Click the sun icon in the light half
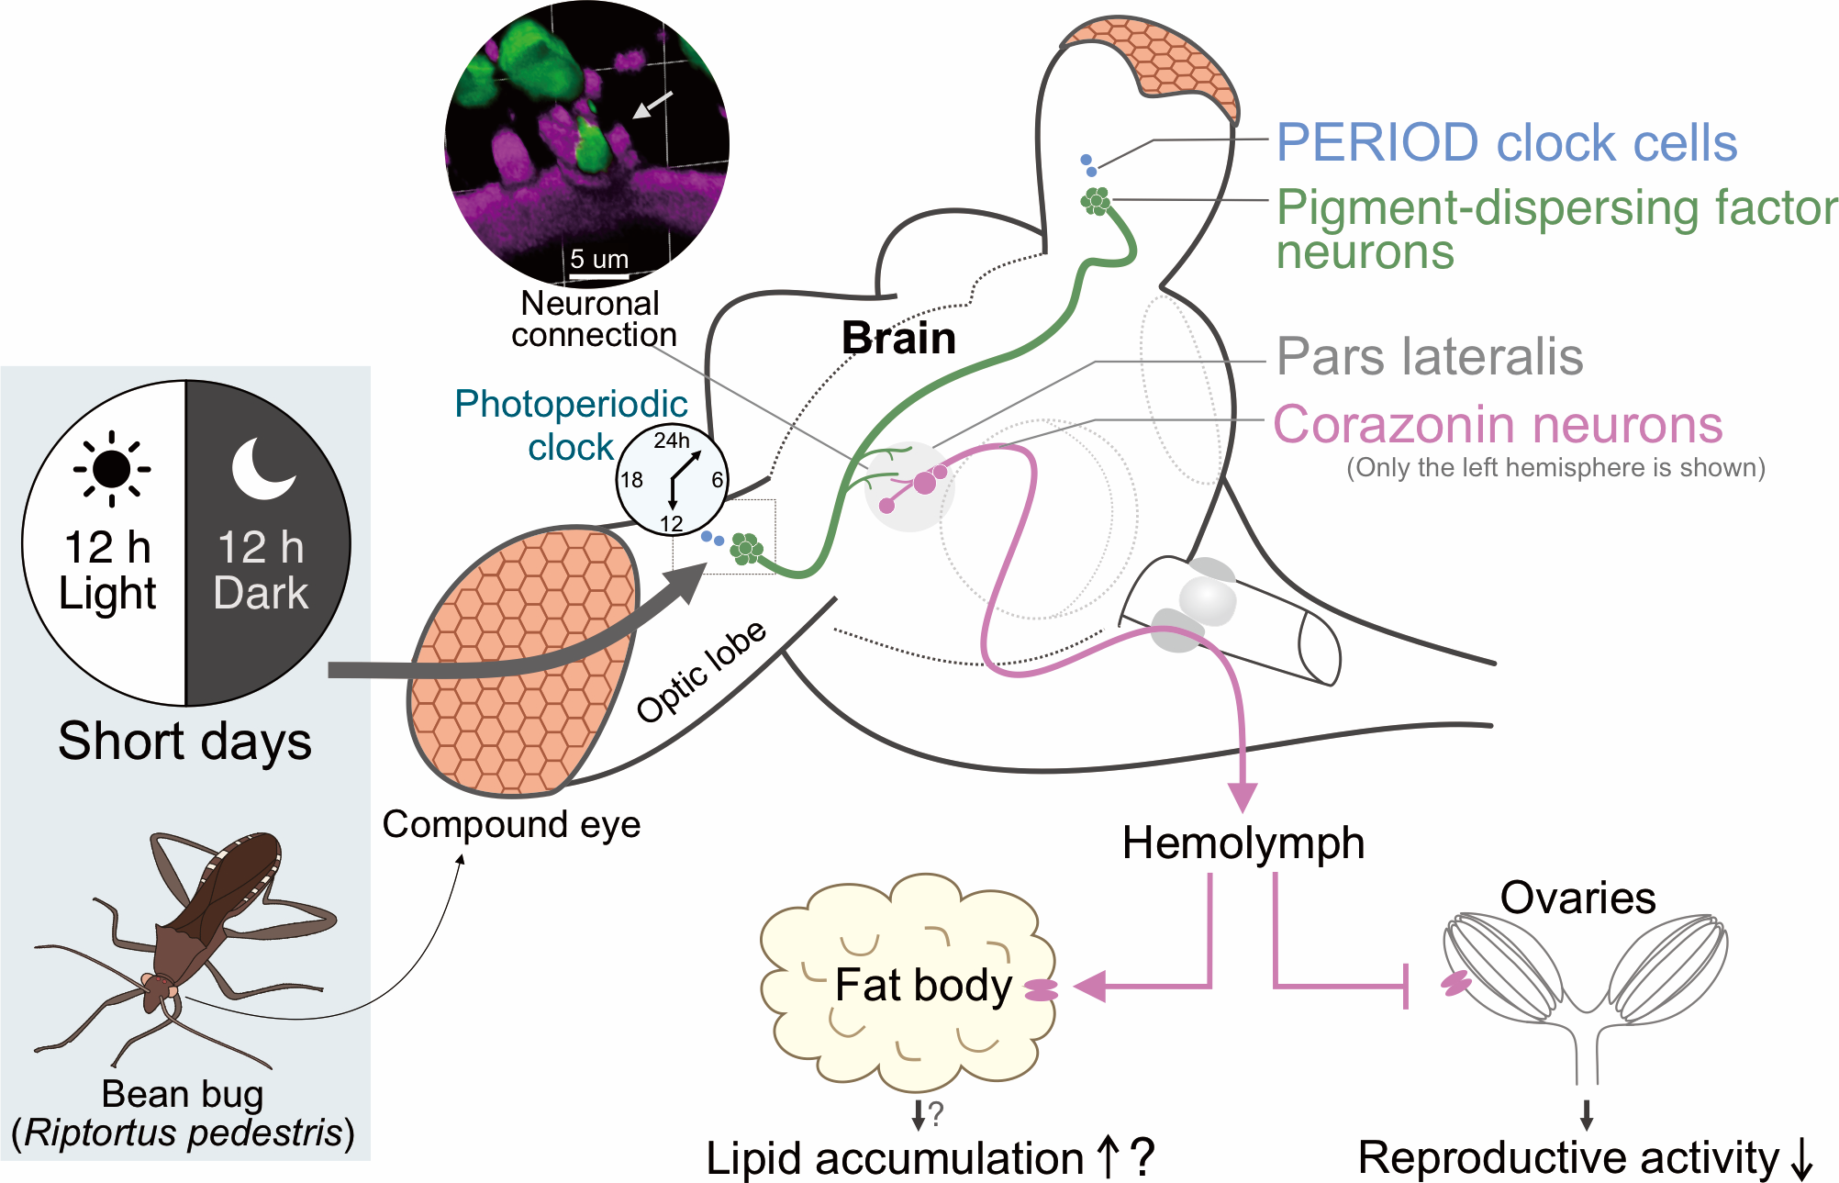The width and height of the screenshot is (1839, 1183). point(112,469)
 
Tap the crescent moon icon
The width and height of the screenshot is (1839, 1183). point(262,469)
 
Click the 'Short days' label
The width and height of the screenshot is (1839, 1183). point(184,741)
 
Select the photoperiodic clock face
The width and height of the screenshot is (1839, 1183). point(671,479)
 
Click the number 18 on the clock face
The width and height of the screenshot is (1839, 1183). point(631,480)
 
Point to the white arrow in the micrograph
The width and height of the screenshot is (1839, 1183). point(652,106)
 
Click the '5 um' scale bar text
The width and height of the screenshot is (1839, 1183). point(598,259)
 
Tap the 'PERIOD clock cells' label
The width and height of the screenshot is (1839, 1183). point(1506,143)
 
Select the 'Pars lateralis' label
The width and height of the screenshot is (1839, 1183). point(1429,356)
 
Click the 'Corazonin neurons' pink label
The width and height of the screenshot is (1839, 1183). point(1497,425)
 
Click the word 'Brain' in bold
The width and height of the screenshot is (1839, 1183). point(898,338)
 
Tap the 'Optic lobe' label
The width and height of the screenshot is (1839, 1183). point(701,671)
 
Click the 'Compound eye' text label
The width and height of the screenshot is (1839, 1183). point(511,824)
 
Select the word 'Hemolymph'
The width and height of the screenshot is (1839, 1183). point(1243,843)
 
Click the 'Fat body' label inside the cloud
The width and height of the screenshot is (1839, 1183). point(923,985)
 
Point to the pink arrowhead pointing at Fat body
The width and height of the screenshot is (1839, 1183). point(1090,987)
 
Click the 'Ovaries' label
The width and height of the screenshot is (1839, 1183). point(1577,898)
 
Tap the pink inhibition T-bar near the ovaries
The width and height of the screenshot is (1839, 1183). point(1407,987)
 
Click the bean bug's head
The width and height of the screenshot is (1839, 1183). point(158,987)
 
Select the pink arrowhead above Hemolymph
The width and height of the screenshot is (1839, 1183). point(1243,797)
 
